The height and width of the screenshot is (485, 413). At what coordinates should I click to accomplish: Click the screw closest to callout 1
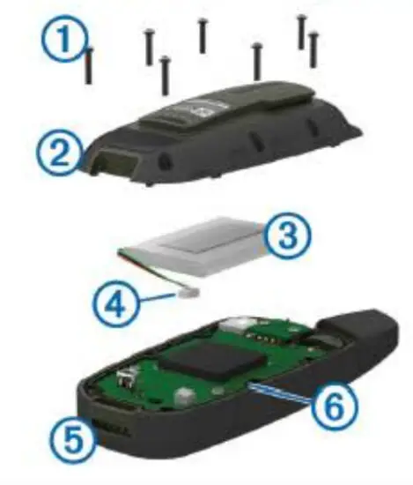click(90, 66)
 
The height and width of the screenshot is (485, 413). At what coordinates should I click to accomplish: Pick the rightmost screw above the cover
click(313, 50)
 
